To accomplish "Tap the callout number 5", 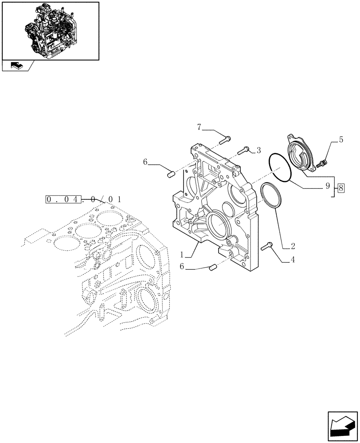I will tap(340, 140).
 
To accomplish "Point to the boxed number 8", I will tap(341, 188).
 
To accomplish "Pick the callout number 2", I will tap(293, 245).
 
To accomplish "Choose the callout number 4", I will tap(293, 260).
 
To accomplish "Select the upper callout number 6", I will tap(145, 163).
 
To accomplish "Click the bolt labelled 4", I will tap(267, 246).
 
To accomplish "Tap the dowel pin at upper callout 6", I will tap(169, 173).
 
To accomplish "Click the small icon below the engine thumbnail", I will tap(16, 66).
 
